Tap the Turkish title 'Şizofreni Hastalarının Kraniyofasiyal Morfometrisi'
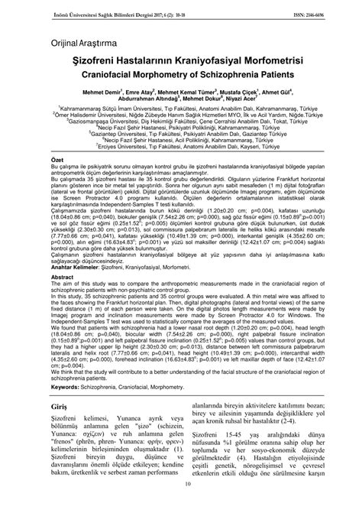point(181,60)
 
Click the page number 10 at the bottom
point(181,504)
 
